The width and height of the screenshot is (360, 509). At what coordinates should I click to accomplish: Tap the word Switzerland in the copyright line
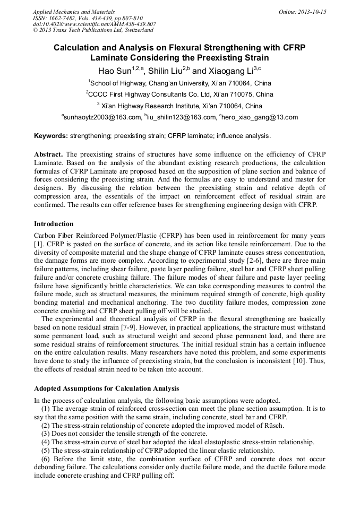(132, 30)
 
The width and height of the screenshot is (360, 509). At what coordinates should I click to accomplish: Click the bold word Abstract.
(48, 154)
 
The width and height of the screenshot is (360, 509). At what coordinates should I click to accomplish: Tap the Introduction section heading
(54, 224)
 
